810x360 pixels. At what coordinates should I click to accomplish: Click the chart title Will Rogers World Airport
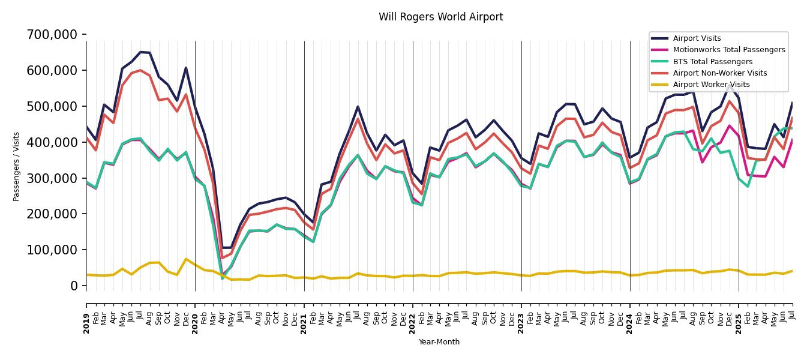point(440,17)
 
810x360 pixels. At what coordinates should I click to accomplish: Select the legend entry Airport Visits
point(697,38)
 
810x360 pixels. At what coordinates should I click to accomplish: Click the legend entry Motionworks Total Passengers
point(728,50)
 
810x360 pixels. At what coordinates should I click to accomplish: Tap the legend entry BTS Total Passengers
point(712,62)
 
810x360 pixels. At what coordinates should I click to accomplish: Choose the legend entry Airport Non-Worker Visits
point(719,73)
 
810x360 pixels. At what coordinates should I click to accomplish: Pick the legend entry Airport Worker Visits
point(711,85)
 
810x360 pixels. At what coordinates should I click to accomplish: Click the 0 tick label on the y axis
point(74,286)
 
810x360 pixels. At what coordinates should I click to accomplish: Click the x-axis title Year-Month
point(439,342)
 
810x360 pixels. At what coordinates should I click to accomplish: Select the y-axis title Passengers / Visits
point(17,166)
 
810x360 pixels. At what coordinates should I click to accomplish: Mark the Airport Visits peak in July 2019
point(140,52)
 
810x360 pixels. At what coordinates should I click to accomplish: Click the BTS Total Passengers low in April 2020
point(222,278)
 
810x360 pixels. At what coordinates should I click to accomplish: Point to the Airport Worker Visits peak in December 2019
point(186,259)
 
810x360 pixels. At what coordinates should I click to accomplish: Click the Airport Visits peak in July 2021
point(358,107)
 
